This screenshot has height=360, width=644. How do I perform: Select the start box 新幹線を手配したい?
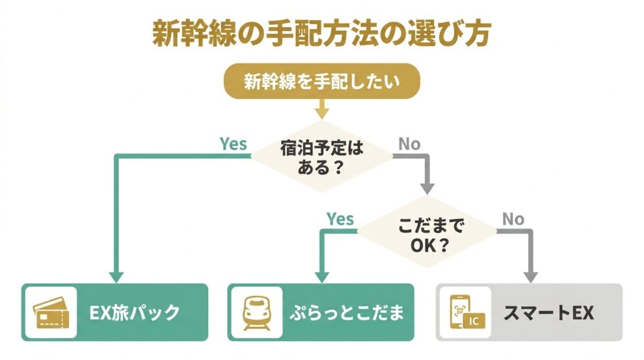click(x=321, y=82)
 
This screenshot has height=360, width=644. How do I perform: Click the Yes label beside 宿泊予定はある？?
click(x=233, y=144)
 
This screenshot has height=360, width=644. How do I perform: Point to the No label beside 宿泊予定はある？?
click(x=409, y=144)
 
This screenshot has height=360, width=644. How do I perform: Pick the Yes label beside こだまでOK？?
click(x=340, y=220)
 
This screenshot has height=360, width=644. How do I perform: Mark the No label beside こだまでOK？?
click(x=513, y=220)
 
